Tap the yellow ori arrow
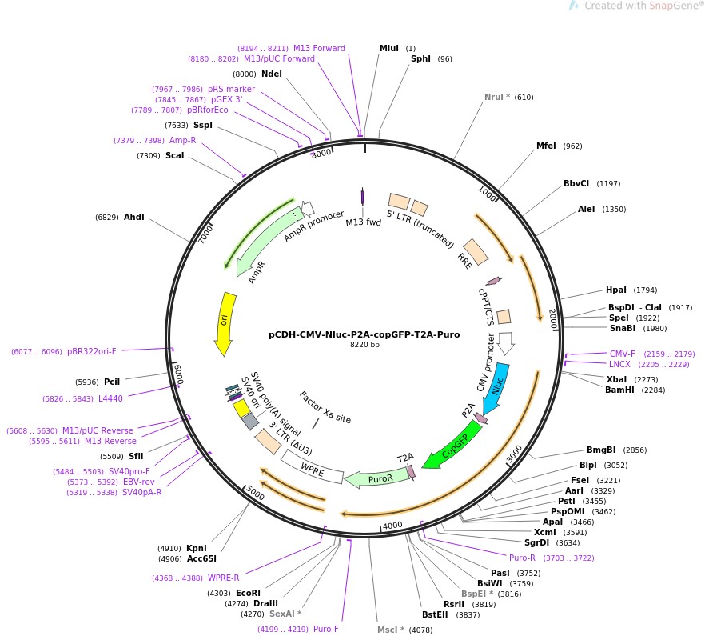[x=225, y=323]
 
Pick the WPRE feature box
[x=312, y=470]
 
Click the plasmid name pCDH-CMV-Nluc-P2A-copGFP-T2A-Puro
[x=364, y=334]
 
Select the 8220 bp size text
[x=364, y=345]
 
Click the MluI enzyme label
[x=388, y=48]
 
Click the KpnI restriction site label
[x=197, y=548]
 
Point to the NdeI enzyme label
[x=272, y=74]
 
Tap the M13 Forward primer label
[x=319, y=48]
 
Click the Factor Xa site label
[x=325, y=407]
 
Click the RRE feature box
[x=476, y=252]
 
